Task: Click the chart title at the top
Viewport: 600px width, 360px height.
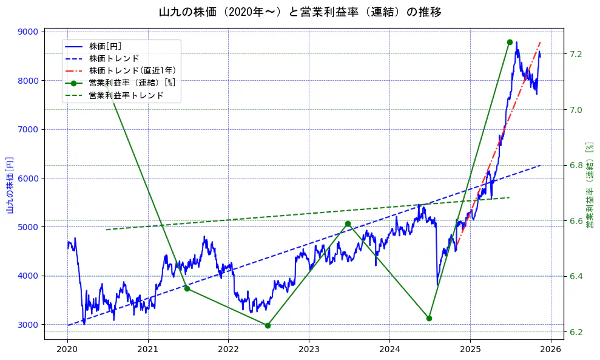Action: click(300, 12)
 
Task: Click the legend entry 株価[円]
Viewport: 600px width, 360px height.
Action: click(105, 46)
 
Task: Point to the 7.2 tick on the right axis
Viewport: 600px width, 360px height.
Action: click(576, 54)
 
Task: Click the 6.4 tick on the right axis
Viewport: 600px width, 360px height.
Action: click(576, 276)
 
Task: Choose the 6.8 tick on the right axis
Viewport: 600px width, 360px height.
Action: click(576, 165)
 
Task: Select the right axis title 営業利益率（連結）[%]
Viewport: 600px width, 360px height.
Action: click(589, 185)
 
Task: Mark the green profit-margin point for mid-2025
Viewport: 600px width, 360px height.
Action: click(510, 42)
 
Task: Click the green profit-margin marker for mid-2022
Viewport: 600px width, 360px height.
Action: click(268, 325)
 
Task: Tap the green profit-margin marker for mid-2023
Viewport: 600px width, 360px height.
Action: click(348, 223)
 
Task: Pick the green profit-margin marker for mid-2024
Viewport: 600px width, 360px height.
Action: click(429, 318)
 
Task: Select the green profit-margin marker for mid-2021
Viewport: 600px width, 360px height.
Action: click(187, 288)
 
